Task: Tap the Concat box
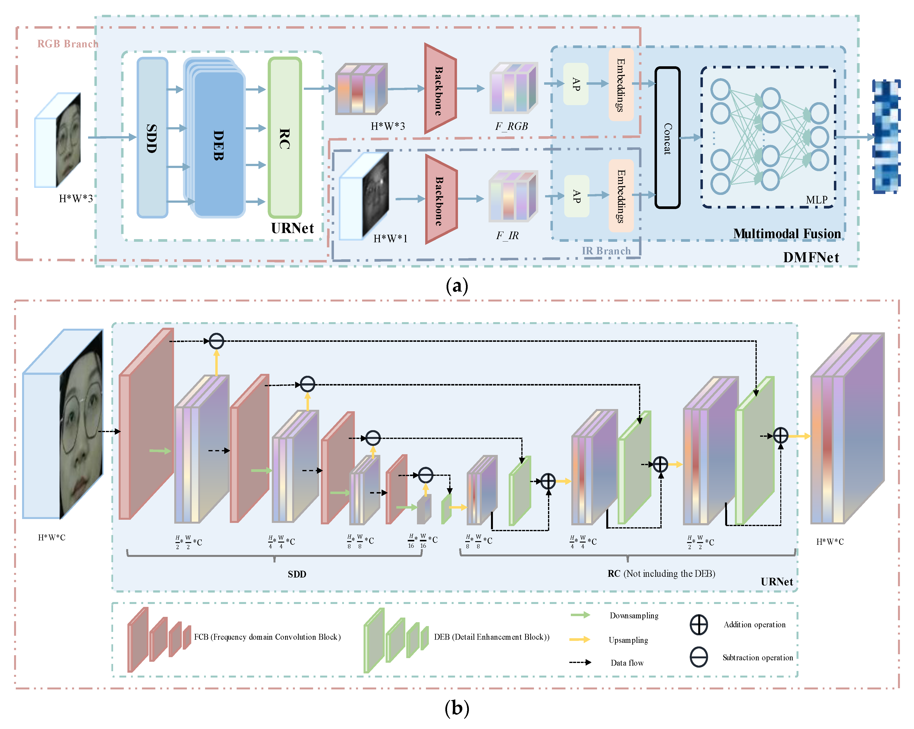coord(667,138)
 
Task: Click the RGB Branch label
coord(68,44)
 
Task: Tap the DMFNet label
coord(811,257)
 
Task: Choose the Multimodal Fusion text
coord(787,234)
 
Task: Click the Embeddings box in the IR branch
coord(621,196)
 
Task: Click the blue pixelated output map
coord(886,137)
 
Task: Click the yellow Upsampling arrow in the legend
coord(580,639)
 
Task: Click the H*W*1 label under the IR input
coord(390,239)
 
